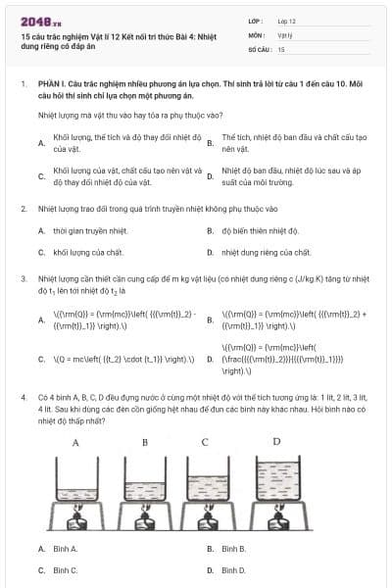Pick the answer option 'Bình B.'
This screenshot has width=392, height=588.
pos(233,549)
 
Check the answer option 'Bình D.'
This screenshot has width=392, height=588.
pos(233,569)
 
